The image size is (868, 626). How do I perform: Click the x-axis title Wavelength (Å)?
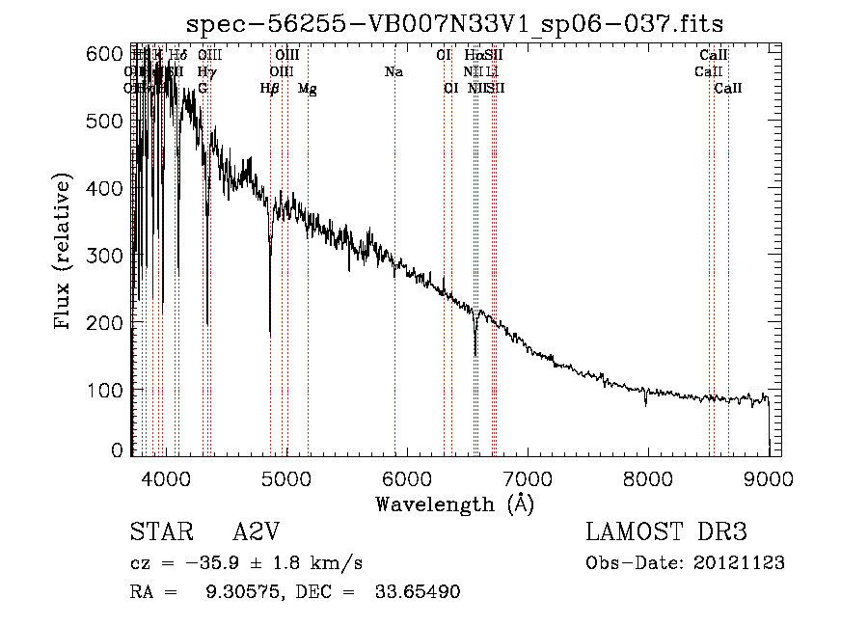click(454, 504)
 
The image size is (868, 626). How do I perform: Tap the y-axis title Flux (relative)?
click(65, 254)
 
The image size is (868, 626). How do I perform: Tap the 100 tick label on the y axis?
click(106, 389)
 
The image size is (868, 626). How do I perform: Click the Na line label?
click(393, 72)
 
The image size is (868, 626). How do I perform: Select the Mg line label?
click(307, 89)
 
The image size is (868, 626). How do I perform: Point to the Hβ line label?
click(270, 89)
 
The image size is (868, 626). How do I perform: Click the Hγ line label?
click(205, 72)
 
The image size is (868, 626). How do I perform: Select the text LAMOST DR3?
click(666, 533)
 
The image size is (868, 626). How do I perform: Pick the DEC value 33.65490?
click(417, 592)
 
